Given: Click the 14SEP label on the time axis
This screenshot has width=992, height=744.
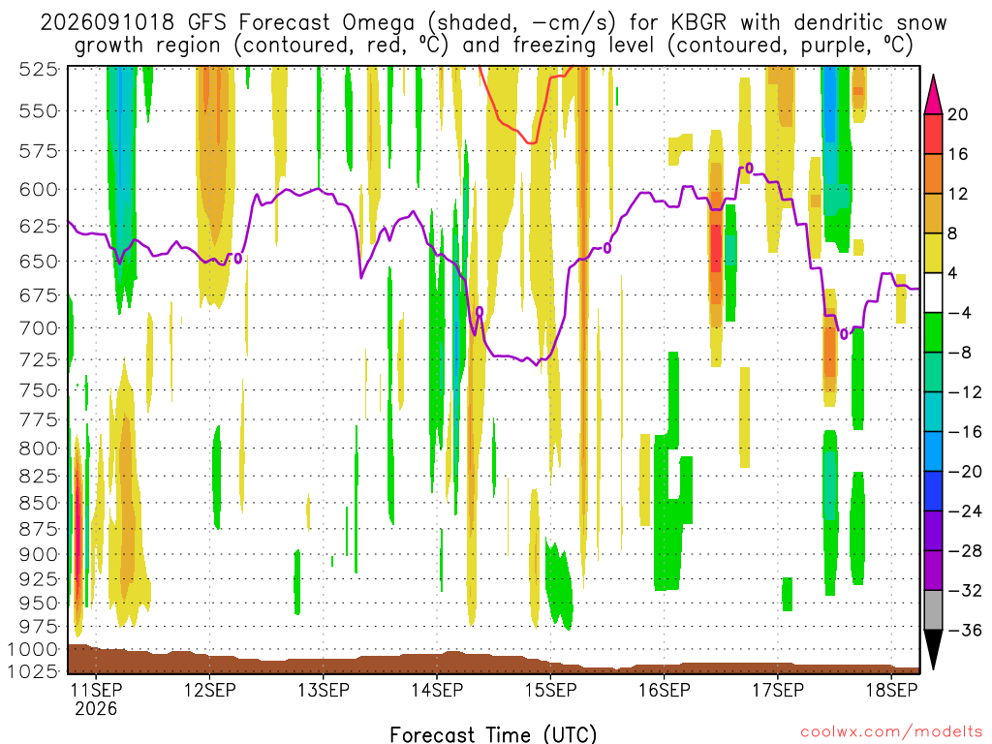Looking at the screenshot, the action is point(437,690).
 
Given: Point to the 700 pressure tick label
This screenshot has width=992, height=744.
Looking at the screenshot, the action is point(39,328).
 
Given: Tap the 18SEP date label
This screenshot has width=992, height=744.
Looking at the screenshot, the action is point(891,690).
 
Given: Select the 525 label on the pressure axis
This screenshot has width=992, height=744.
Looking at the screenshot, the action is point(39,69).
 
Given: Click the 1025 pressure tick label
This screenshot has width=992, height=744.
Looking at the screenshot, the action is point(33,670).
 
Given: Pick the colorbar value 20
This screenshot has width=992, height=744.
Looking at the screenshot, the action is point(957,114).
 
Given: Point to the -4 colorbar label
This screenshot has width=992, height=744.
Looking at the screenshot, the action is point(960,313).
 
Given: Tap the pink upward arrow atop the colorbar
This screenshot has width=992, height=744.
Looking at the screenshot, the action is point(933,94).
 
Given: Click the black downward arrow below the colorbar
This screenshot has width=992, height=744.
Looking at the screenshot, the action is point(933,649).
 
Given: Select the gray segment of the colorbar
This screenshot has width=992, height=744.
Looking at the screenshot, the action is point(933,610).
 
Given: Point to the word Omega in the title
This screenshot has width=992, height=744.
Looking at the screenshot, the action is point(378,23).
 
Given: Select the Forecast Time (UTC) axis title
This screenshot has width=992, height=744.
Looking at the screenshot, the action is point(493,734).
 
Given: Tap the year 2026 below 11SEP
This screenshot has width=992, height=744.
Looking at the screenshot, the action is point(96,708).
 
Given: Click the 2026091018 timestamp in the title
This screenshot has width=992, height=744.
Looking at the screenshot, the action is point(107,23).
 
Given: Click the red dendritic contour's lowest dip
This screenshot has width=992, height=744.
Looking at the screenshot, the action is point(532,143).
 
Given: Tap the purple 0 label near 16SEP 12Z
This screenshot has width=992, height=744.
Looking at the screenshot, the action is point(749,169).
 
